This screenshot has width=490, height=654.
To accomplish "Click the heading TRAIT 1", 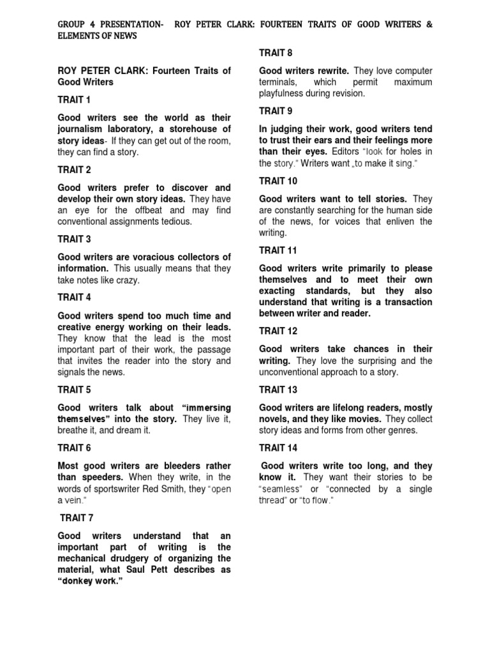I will (75, 100).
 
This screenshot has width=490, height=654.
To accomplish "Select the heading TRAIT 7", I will (77, 518).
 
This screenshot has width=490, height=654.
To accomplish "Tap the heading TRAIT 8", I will (276, 52).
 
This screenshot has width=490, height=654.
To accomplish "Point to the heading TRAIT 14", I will (278, 448).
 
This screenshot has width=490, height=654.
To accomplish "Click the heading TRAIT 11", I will (278, 250).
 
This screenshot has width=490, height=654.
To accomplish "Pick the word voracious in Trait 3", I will (151, 257).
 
